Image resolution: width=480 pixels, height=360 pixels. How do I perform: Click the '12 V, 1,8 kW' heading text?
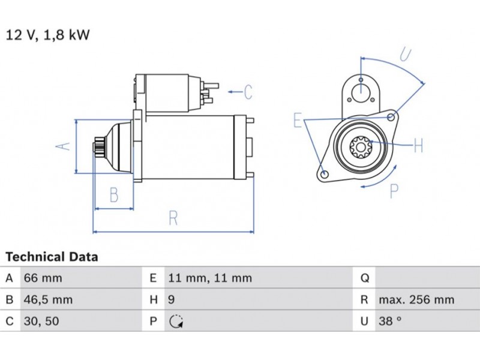coord(47,35)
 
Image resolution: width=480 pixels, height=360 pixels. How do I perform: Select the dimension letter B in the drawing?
coord(113,195)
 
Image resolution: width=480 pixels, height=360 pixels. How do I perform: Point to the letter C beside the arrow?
coord(248,92)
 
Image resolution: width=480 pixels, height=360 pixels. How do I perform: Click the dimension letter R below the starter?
coord(173,218)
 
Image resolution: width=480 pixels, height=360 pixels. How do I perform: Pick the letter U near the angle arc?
coord(406,55)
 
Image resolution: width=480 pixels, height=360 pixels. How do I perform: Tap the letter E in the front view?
coord(297,121)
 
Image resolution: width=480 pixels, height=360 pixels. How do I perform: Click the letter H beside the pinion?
coord(418,145)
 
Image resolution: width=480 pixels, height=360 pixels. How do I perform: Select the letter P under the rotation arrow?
coord(394,191)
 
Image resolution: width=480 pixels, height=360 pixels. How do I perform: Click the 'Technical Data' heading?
coord(52,257)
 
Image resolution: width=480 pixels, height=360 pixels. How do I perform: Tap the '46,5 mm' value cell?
coord(47,300)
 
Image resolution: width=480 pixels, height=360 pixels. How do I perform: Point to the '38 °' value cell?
coord(390,321)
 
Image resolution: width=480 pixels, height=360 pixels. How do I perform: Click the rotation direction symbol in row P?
coord(176,322)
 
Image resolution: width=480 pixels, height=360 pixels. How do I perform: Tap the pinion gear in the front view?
coord(361,147)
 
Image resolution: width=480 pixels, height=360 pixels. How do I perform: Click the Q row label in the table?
coord(364,278)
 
